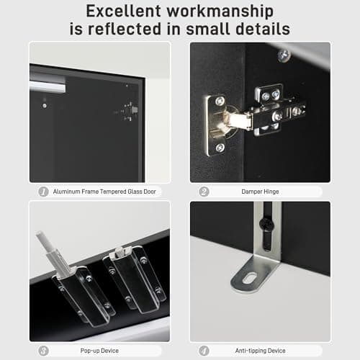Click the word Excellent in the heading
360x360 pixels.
click(x=123, y=11)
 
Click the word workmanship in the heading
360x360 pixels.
click(x=220, y=12)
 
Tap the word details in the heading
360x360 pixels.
click(x=263, y=29)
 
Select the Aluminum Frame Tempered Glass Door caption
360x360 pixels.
click(x=104, y=192)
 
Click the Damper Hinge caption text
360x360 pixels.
click(x=260, y=192)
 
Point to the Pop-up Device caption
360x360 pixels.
click(x=99, y=351)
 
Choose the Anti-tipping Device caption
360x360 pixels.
click(x=260, y=351)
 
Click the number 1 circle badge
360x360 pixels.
click(x=43, y=192)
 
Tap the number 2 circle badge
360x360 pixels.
click(x=204, y=192)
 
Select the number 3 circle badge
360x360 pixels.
click(x=43, y=351)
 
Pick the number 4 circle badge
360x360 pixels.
click(x=204, y=351)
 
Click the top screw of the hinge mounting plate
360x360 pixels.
click(x=220, y=101)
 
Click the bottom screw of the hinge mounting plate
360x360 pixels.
click(x=220, y=148)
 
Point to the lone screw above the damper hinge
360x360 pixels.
click(x=284, y=55)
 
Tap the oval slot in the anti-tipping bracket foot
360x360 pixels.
click(x=251, y=278)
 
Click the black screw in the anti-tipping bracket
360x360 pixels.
click(x=266, y=225)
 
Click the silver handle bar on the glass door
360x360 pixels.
click(x=48, y=86)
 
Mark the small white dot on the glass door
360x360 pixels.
click(x=45, y=106)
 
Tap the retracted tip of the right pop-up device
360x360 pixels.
click(x=119, y=252)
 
